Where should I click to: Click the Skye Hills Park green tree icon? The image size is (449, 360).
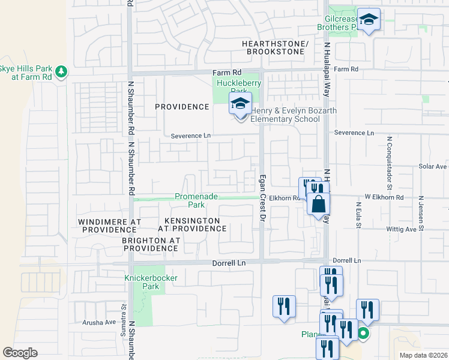coord(61,72)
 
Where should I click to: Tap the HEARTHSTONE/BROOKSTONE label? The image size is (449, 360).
coord(275,48)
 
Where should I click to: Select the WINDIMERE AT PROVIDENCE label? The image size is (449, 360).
coord(110,226)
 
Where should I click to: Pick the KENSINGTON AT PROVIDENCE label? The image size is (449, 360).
coord(193,224)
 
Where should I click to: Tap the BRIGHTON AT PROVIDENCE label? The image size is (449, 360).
coord(151,244)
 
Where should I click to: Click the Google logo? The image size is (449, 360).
coord(20,353)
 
